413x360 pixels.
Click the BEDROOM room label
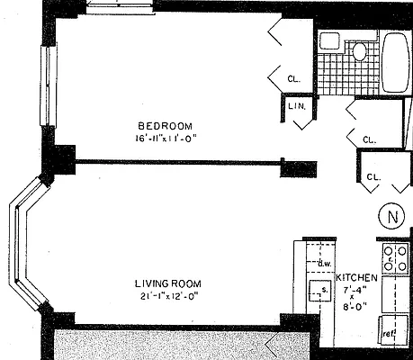[x=164, y=125]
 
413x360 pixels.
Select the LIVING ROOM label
[x=164, y=284]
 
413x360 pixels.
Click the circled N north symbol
[x=391, y=217]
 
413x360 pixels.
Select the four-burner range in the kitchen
[x=393, y=256]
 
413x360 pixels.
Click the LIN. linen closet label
[x=298, y=106]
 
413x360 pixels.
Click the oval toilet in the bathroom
[x=359, y=50]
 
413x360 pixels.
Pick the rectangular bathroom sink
[x=330, y=41]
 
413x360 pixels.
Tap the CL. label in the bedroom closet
[x=294, y=77]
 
